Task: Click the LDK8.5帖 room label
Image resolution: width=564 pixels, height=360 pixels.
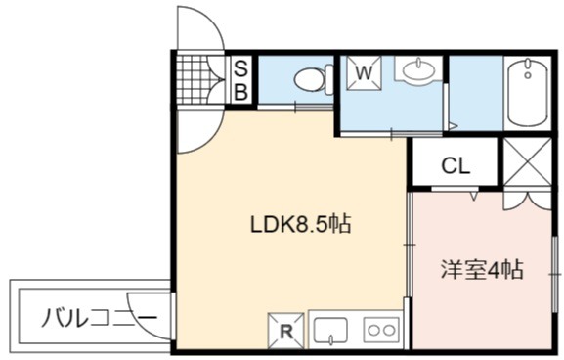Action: [x=300, y=225]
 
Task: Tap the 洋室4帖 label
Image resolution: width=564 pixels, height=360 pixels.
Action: [x=482, y=269]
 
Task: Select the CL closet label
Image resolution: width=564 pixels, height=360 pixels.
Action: [x=456, y=166]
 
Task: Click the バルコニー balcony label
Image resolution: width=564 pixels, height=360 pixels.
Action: [x=100, y=318]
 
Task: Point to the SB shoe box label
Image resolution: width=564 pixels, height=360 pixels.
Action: [x=241, y=80]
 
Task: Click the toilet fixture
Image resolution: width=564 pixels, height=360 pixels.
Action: [x=314, y=79]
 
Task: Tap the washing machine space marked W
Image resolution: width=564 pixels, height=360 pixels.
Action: [x=364, y=73]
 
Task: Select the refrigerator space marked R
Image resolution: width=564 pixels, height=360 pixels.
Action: [x=286, y=332]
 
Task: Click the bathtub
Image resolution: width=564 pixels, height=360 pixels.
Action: [x=528, y=93]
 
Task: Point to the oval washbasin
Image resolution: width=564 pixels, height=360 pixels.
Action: [x=418, y=69]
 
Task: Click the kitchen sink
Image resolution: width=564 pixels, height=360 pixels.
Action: [x=329, y=331]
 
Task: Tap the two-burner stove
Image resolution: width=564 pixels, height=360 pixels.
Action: [x=381, y=330]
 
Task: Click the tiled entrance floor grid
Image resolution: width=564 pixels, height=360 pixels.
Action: [x=195, y=80]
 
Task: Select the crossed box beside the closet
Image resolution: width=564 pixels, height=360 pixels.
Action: [x=527, y=161]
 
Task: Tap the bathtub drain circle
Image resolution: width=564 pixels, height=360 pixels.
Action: [x=528, y=75]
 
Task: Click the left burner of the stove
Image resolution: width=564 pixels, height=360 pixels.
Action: [x=373, y=330]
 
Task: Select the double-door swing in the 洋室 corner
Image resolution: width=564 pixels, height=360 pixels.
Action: [x=527, y=200]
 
